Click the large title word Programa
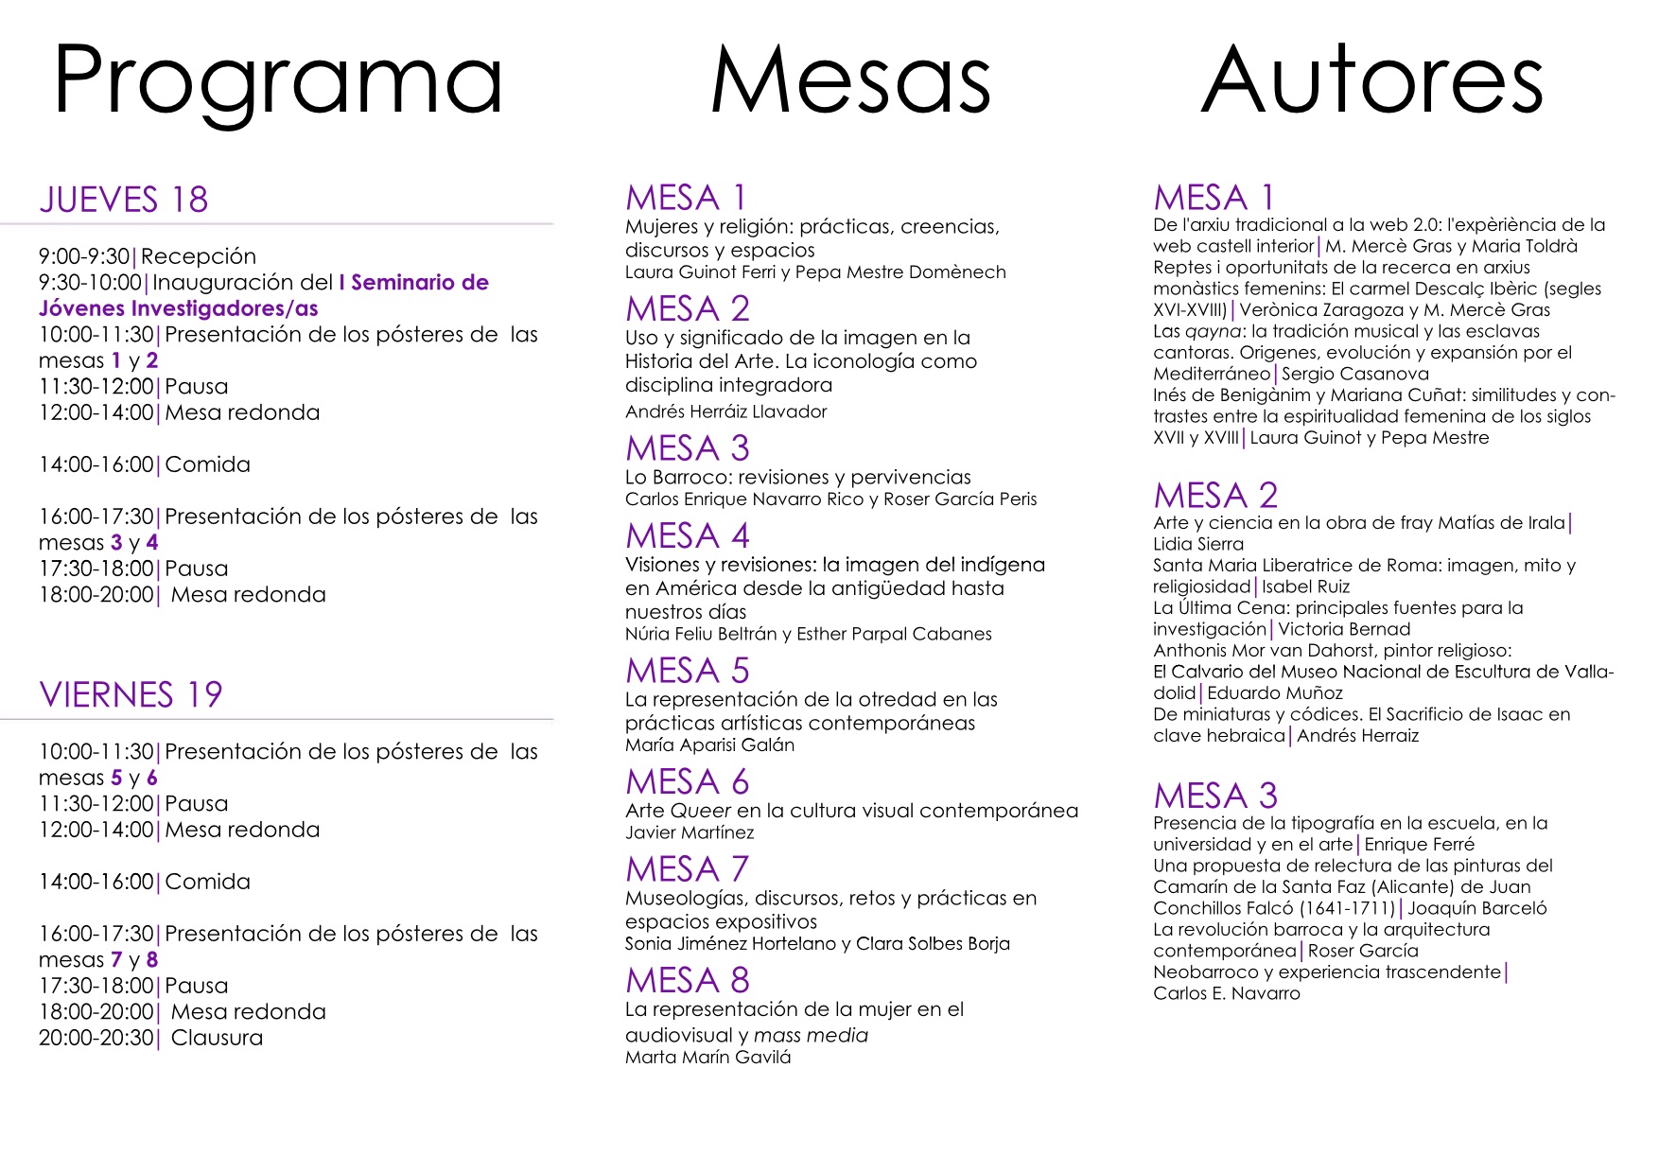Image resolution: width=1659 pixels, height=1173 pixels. [277, 81]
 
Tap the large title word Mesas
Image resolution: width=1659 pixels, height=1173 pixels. [850, 81]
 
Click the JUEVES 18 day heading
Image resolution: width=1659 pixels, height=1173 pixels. [124, 200]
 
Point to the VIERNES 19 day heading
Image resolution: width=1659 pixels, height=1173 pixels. [131, 695]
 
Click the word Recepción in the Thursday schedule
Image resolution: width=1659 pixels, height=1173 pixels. [199, 256]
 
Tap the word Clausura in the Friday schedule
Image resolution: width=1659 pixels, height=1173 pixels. [217, 1038]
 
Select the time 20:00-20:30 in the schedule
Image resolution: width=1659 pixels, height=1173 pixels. [96, 1038]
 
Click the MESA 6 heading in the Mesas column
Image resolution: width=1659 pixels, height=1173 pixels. [688, 782]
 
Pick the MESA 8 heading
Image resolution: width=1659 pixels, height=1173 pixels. [688, 980]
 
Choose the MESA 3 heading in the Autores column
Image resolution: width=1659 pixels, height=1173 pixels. [1215, 796]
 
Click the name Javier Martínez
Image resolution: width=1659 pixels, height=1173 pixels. [690, 833]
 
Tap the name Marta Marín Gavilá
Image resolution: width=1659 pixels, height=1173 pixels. [707, 1058]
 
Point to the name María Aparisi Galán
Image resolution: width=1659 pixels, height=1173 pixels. [709, 745]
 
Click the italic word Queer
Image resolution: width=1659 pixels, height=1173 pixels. [700, 811]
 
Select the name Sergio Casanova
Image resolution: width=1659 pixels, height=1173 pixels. [1354, 374]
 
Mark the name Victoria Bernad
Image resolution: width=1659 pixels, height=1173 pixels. [1344, 629]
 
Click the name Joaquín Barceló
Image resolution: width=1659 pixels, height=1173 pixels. [1477, 908]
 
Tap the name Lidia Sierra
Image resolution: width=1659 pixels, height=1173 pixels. [1198, 544]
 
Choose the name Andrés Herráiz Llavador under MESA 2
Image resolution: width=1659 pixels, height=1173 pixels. [725, 411]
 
